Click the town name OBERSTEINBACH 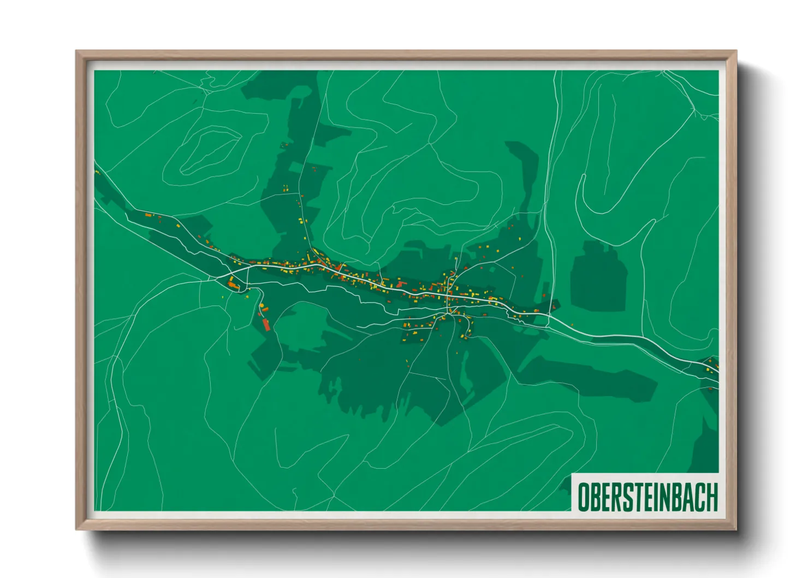647,497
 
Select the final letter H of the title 711,497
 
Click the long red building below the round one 266,325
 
